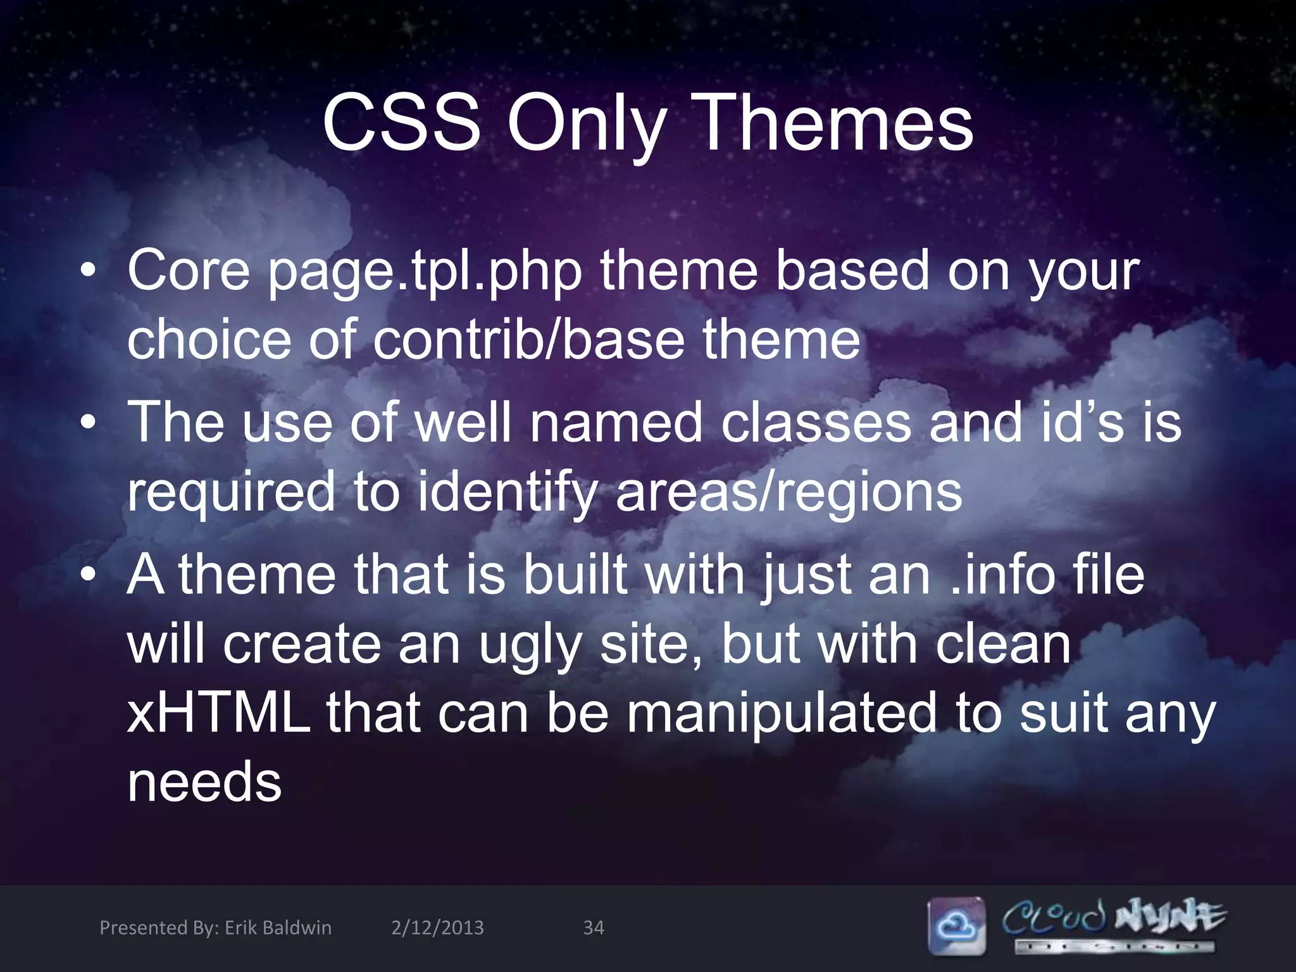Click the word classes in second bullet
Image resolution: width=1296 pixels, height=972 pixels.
point(816,423)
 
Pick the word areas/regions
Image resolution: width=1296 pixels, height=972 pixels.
point(788,492)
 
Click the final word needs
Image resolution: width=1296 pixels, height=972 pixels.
point(204,783)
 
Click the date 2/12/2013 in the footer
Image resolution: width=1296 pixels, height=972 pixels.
point(437,928)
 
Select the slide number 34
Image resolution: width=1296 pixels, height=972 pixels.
point(593,928)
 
